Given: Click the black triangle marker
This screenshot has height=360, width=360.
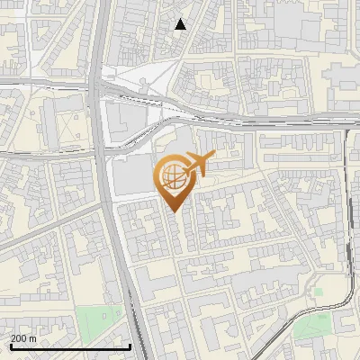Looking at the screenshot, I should [x=181, y=24].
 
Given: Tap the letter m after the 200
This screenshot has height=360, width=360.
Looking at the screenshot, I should [x=32, y=338].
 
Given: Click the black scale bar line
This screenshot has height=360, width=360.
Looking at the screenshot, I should [x=70, y=346].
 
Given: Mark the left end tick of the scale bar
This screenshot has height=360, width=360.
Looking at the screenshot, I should [x=11, y=345].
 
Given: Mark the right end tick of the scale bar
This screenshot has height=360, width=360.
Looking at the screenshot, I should [x=130, y=345].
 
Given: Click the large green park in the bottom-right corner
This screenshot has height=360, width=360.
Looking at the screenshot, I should [x=315, y=326].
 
